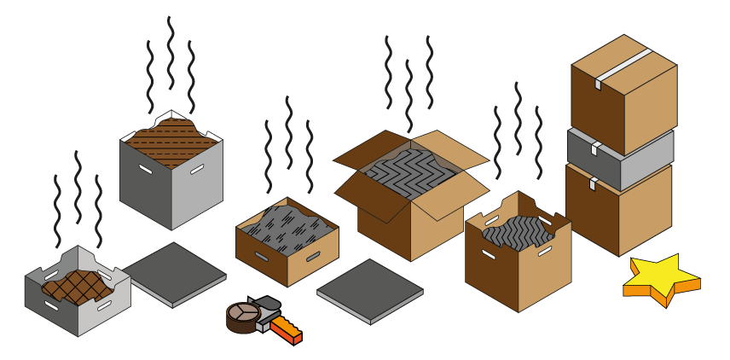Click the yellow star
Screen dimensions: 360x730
pos(661,277)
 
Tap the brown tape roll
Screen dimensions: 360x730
pos(242,316)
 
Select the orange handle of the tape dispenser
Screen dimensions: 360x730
pos(287,329)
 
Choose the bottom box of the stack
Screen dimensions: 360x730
pos(618,213)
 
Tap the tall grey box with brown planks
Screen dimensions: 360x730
pos(171,183)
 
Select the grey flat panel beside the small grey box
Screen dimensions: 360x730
pos(174,272)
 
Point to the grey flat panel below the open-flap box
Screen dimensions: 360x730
pos(370,290)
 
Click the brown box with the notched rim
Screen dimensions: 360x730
pos(518,273)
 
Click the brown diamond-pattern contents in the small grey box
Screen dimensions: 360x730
pos(78,287)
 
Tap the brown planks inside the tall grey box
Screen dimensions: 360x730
pos(171,141)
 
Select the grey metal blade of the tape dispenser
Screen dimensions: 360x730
pos(265,305)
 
